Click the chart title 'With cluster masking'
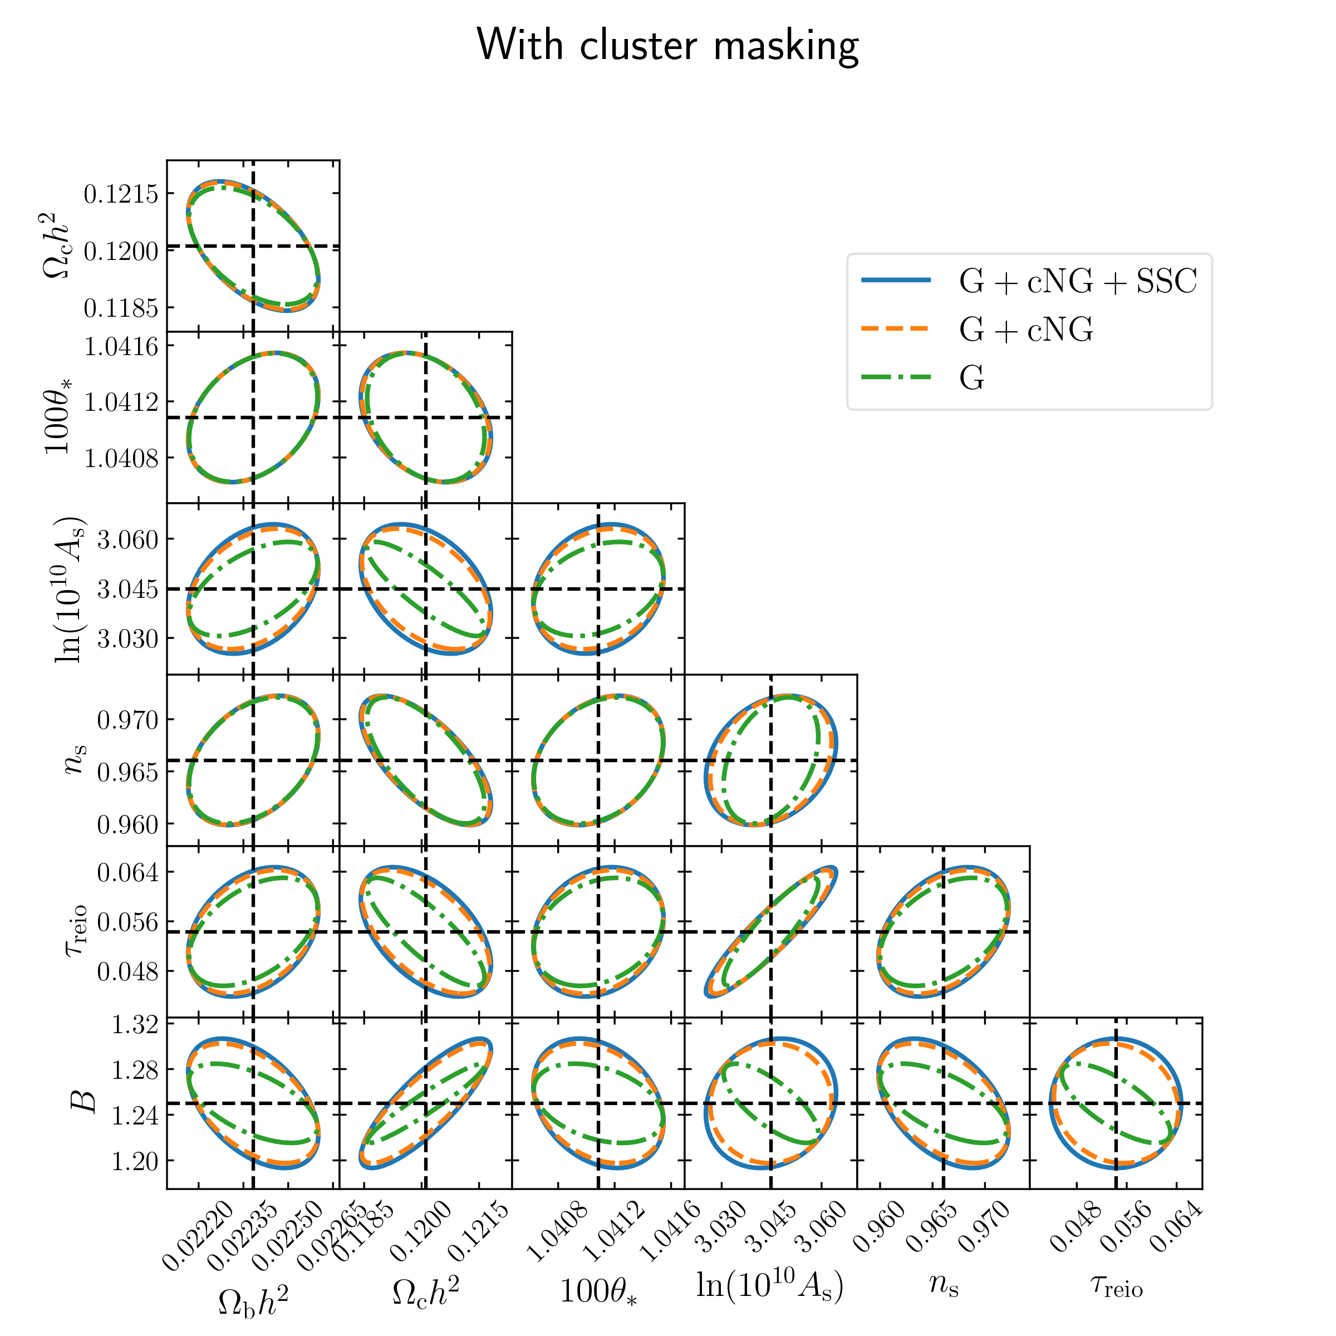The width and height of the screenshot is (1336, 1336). click(x=667, y=46)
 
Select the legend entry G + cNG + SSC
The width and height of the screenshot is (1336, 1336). click(x=1077, y=282)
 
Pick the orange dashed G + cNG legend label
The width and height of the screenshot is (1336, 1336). click(x=1025, y=330)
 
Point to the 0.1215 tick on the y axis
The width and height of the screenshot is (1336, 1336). click(x=120, y=194)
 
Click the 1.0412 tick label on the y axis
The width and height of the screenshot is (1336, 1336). click(x=120, y=401)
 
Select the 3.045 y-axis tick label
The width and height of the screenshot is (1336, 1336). click(x=127, y=589)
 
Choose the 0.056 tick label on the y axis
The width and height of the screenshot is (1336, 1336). click(x=127, y=922)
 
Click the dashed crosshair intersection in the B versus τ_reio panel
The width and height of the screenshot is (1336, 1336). click(x=1116, y=1103)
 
